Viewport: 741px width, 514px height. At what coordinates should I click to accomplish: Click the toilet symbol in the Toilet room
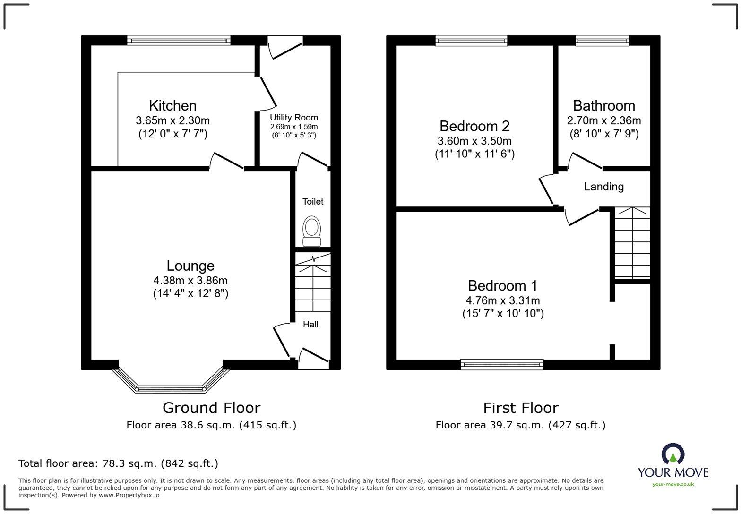[311, 231]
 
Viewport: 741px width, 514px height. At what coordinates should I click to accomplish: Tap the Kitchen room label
[172, 105]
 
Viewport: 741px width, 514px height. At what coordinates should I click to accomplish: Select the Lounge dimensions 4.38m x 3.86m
[190, 281]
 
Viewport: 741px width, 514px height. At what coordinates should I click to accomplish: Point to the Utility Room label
[293, 117]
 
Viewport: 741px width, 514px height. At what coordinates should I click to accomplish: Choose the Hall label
[310, 324]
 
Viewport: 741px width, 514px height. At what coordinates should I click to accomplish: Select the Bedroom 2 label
[474, 126]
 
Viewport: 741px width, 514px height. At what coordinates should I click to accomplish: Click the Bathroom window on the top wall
[602, 41]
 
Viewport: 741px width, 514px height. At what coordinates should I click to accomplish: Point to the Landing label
[603, 187]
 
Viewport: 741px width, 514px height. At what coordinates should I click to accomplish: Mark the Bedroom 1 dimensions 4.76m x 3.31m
[503, 300]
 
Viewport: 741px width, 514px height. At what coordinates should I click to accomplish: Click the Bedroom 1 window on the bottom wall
[502, 364]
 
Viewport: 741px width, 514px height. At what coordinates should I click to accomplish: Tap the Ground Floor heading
[211, 407]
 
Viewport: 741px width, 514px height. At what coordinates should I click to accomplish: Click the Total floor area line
[118, 463]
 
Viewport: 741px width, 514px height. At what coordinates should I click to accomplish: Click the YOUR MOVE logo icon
[672, 454]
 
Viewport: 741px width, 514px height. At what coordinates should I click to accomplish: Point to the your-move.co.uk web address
[672, 484]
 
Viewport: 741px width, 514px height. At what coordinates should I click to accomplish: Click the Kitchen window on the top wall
[179, 41]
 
